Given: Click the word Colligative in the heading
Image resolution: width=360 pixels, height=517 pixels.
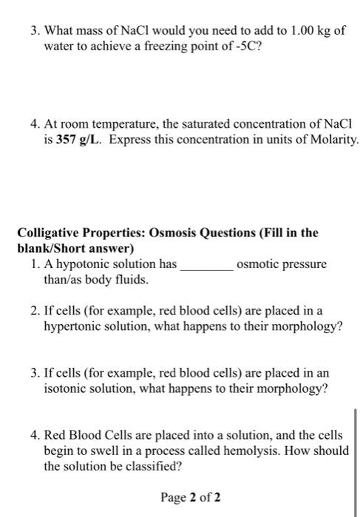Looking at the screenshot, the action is [48, 233].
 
